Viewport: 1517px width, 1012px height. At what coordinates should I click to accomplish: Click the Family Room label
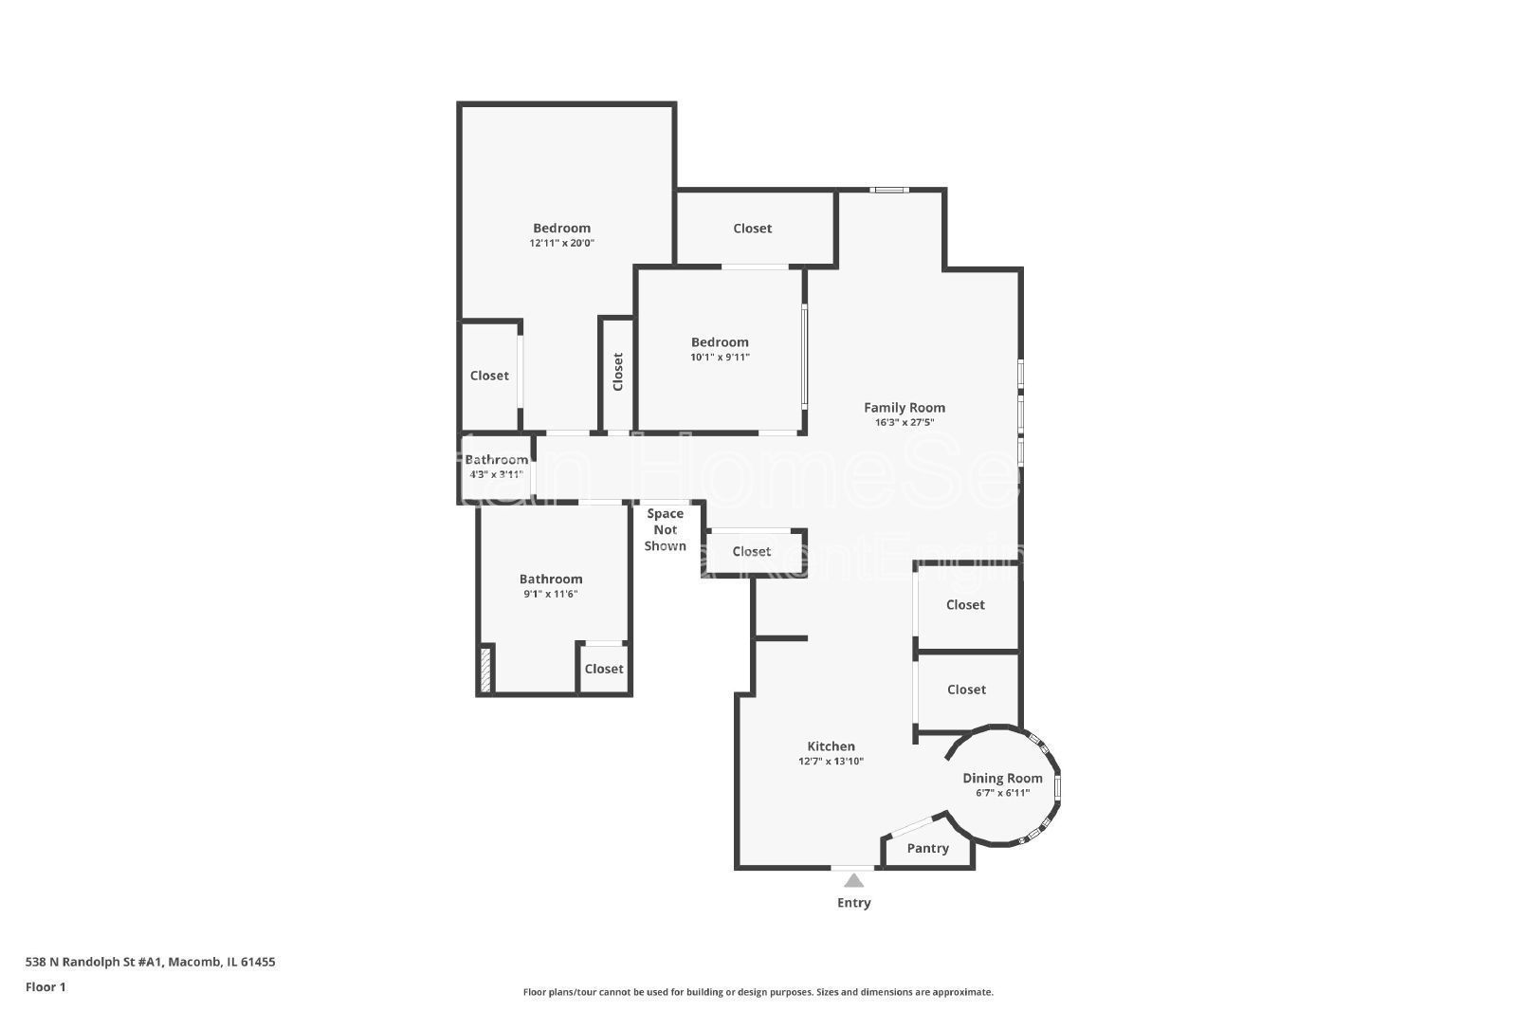[x=904, y=408]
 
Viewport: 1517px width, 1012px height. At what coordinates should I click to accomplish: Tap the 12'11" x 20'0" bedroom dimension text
[x=561, y=244]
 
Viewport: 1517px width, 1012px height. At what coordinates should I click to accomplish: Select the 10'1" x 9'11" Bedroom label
[x=720, y=342]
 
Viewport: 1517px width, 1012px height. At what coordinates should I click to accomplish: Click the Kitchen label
[x=831, y=746]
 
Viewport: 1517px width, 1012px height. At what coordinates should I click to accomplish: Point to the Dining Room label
[x=1002, y=779]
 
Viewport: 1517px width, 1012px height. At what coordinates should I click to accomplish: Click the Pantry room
[x=927, y=849]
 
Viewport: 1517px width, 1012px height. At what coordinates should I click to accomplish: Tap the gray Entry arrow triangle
[x=853, y=880]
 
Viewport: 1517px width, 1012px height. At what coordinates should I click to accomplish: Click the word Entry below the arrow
[x=853, y=903]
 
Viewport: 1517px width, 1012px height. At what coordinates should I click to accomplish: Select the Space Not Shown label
[x=665, y=530]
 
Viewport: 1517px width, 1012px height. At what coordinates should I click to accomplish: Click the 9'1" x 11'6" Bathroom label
[x=551, y=580]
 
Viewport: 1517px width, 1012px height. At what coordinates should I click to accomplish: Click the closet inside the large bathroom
[x=604, y=670]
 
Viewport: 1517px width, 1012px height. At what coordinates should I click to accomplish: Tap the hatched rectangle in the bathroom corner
[x=486, y=669]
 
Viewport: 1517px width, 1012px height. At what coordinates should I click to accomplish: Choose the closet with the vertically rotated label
[x=617, y=372]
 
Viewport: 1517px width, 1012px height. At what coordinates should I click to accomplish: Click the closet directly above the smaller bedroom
[x=753, y=229]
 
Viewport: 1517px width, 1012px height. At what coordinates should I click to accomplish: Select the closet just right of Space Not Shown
[x=752, y=552]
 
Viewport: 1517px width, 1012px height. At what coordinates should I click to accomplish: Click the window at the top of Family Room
[x=889, y=191]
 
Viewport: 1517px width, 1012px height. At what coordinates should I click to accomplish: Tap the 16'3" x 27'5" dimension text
[x=904, y=423]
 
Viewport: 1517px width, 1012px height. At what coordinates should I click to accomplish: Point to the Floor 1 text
[x=46, y=987]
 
